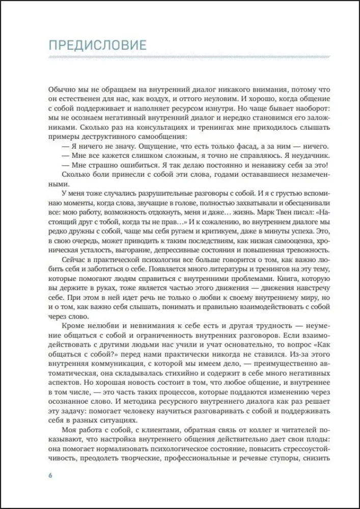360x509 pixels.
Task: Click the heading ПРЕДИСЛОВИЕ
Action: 97,45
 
